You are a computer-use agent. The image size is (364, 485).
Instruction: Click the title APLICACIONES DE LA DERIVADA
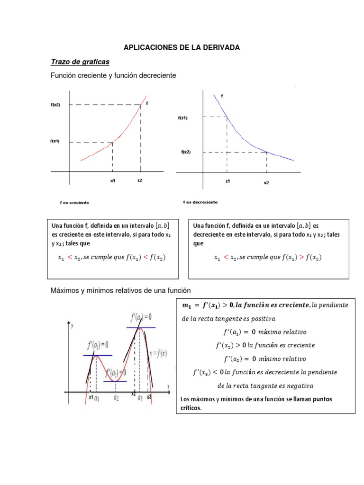(x=182, y=48)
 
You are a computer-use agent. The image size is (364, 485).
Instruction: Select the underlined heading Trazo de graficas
(x=80, y=62)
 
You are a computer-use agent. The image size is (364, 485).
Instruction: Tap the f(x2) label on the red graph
(x=55, y=105)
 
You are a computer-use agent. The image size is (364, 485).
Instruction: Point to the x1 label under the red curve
(x=112, y=181)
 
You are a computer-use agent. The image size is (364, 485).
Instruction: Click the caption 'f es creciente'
(x=74, y=203)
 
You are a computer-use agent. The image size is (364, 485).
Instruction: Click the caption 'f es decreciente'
(x=200, y=202)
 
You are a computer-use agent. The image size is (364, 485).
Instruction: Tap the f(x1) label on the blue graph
(x=183, y=118)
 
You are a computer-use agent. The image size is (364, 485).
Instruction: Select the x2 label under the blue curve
(x=266, y=183)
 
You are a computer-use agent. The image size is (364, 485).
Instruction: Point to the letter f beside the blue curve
(x=222, y=96)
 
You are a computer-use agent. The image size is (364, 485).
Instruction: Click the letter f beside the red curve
(x=147, y=103)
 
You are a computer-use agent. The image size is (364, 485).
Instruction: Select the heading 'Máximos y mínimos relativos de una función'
(x=120, y=290)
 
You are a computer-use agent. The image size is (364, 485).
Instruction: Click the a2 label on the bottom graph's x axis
(x=116, y=398)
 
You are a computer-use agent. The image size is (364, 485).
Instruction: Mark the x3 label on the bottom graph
(x=149, y=396)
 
